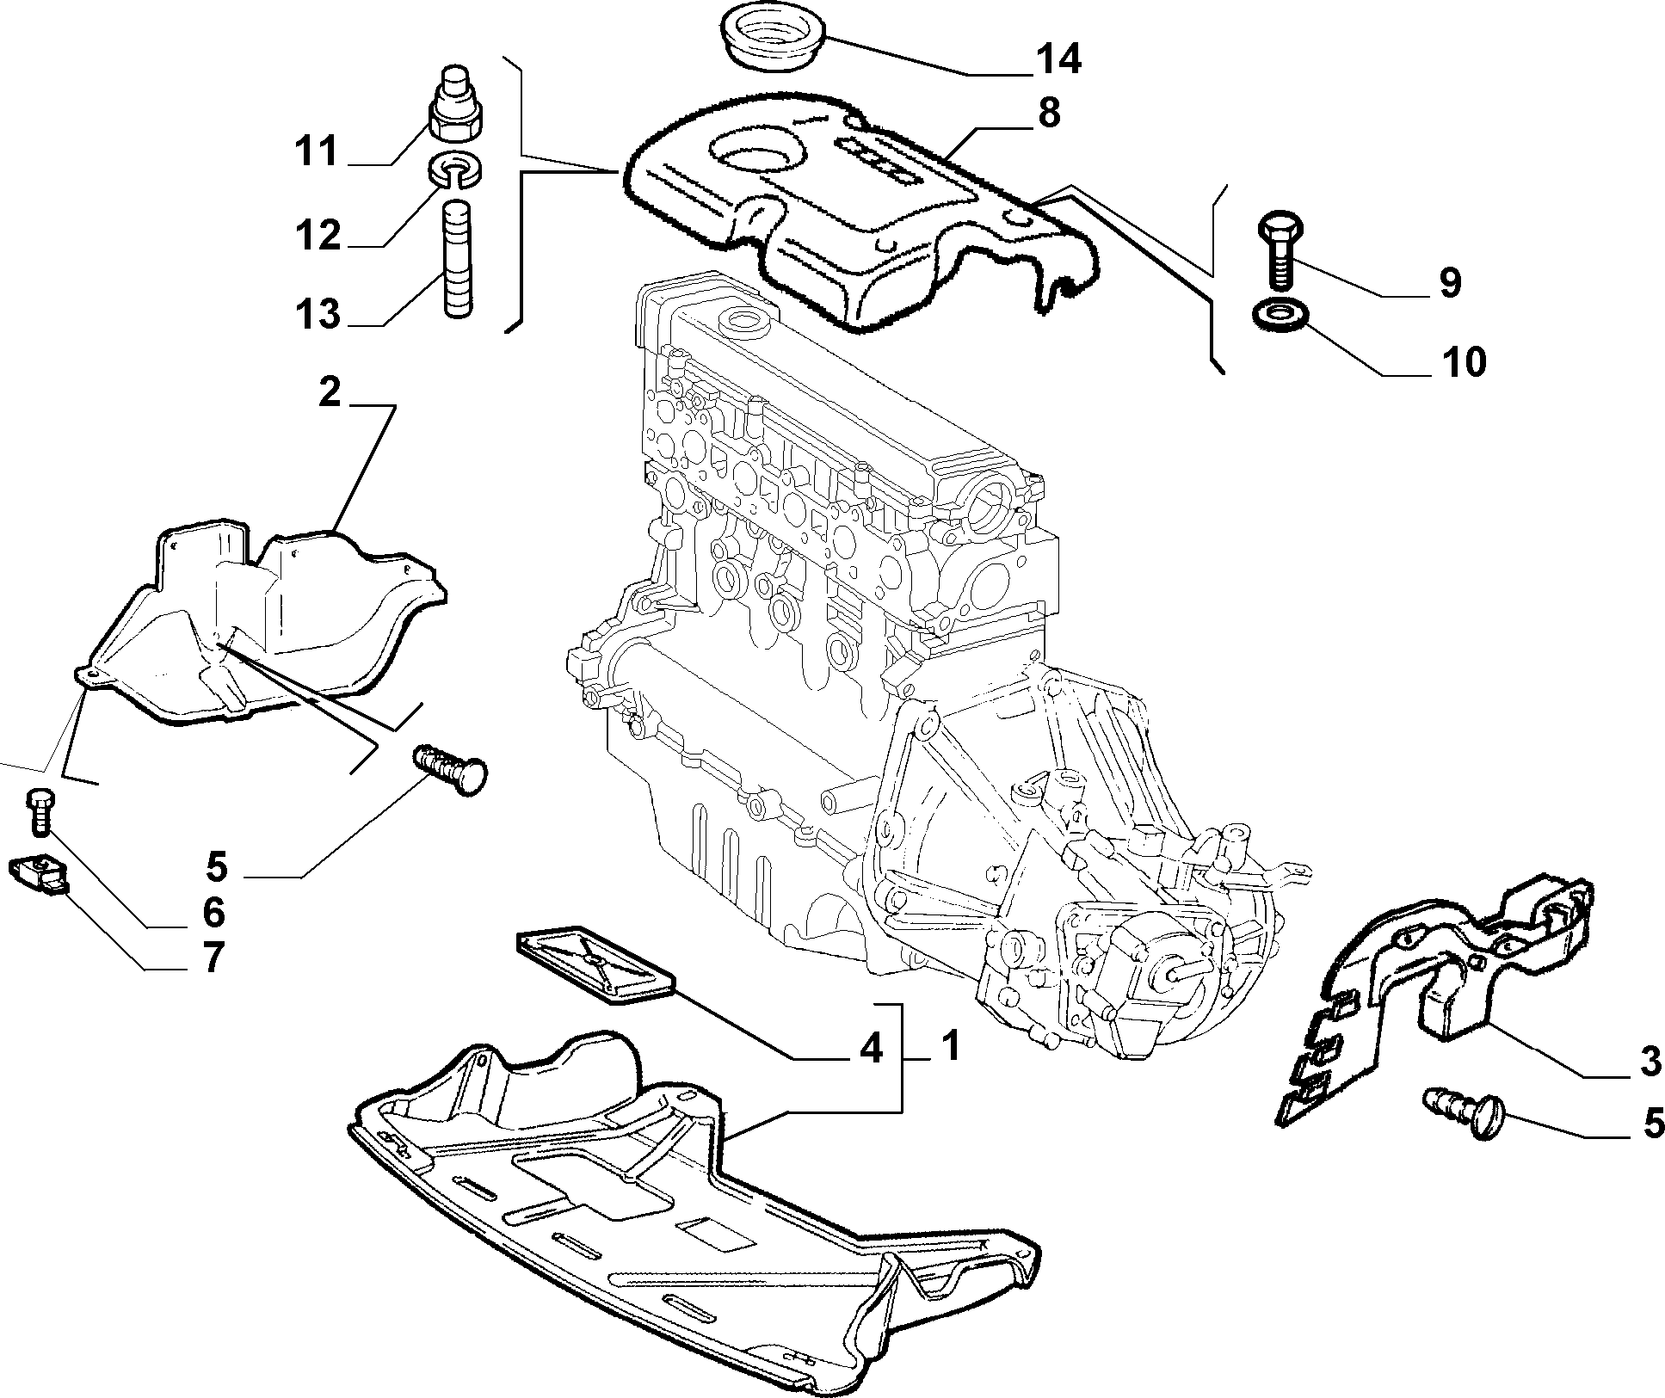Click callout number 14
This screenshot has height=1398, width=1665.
click(x=1056, y=59)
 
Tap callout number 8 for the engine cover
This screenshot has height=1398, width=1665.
click(x=1049, y=113)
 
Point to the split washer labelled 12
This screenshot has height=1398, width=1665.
click(x=454, y=169)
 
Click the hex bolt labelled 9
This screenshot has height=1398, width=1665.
click(x=1282, y=249)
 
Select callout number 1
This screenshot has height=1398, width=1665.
click(x=948, y=1046)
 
